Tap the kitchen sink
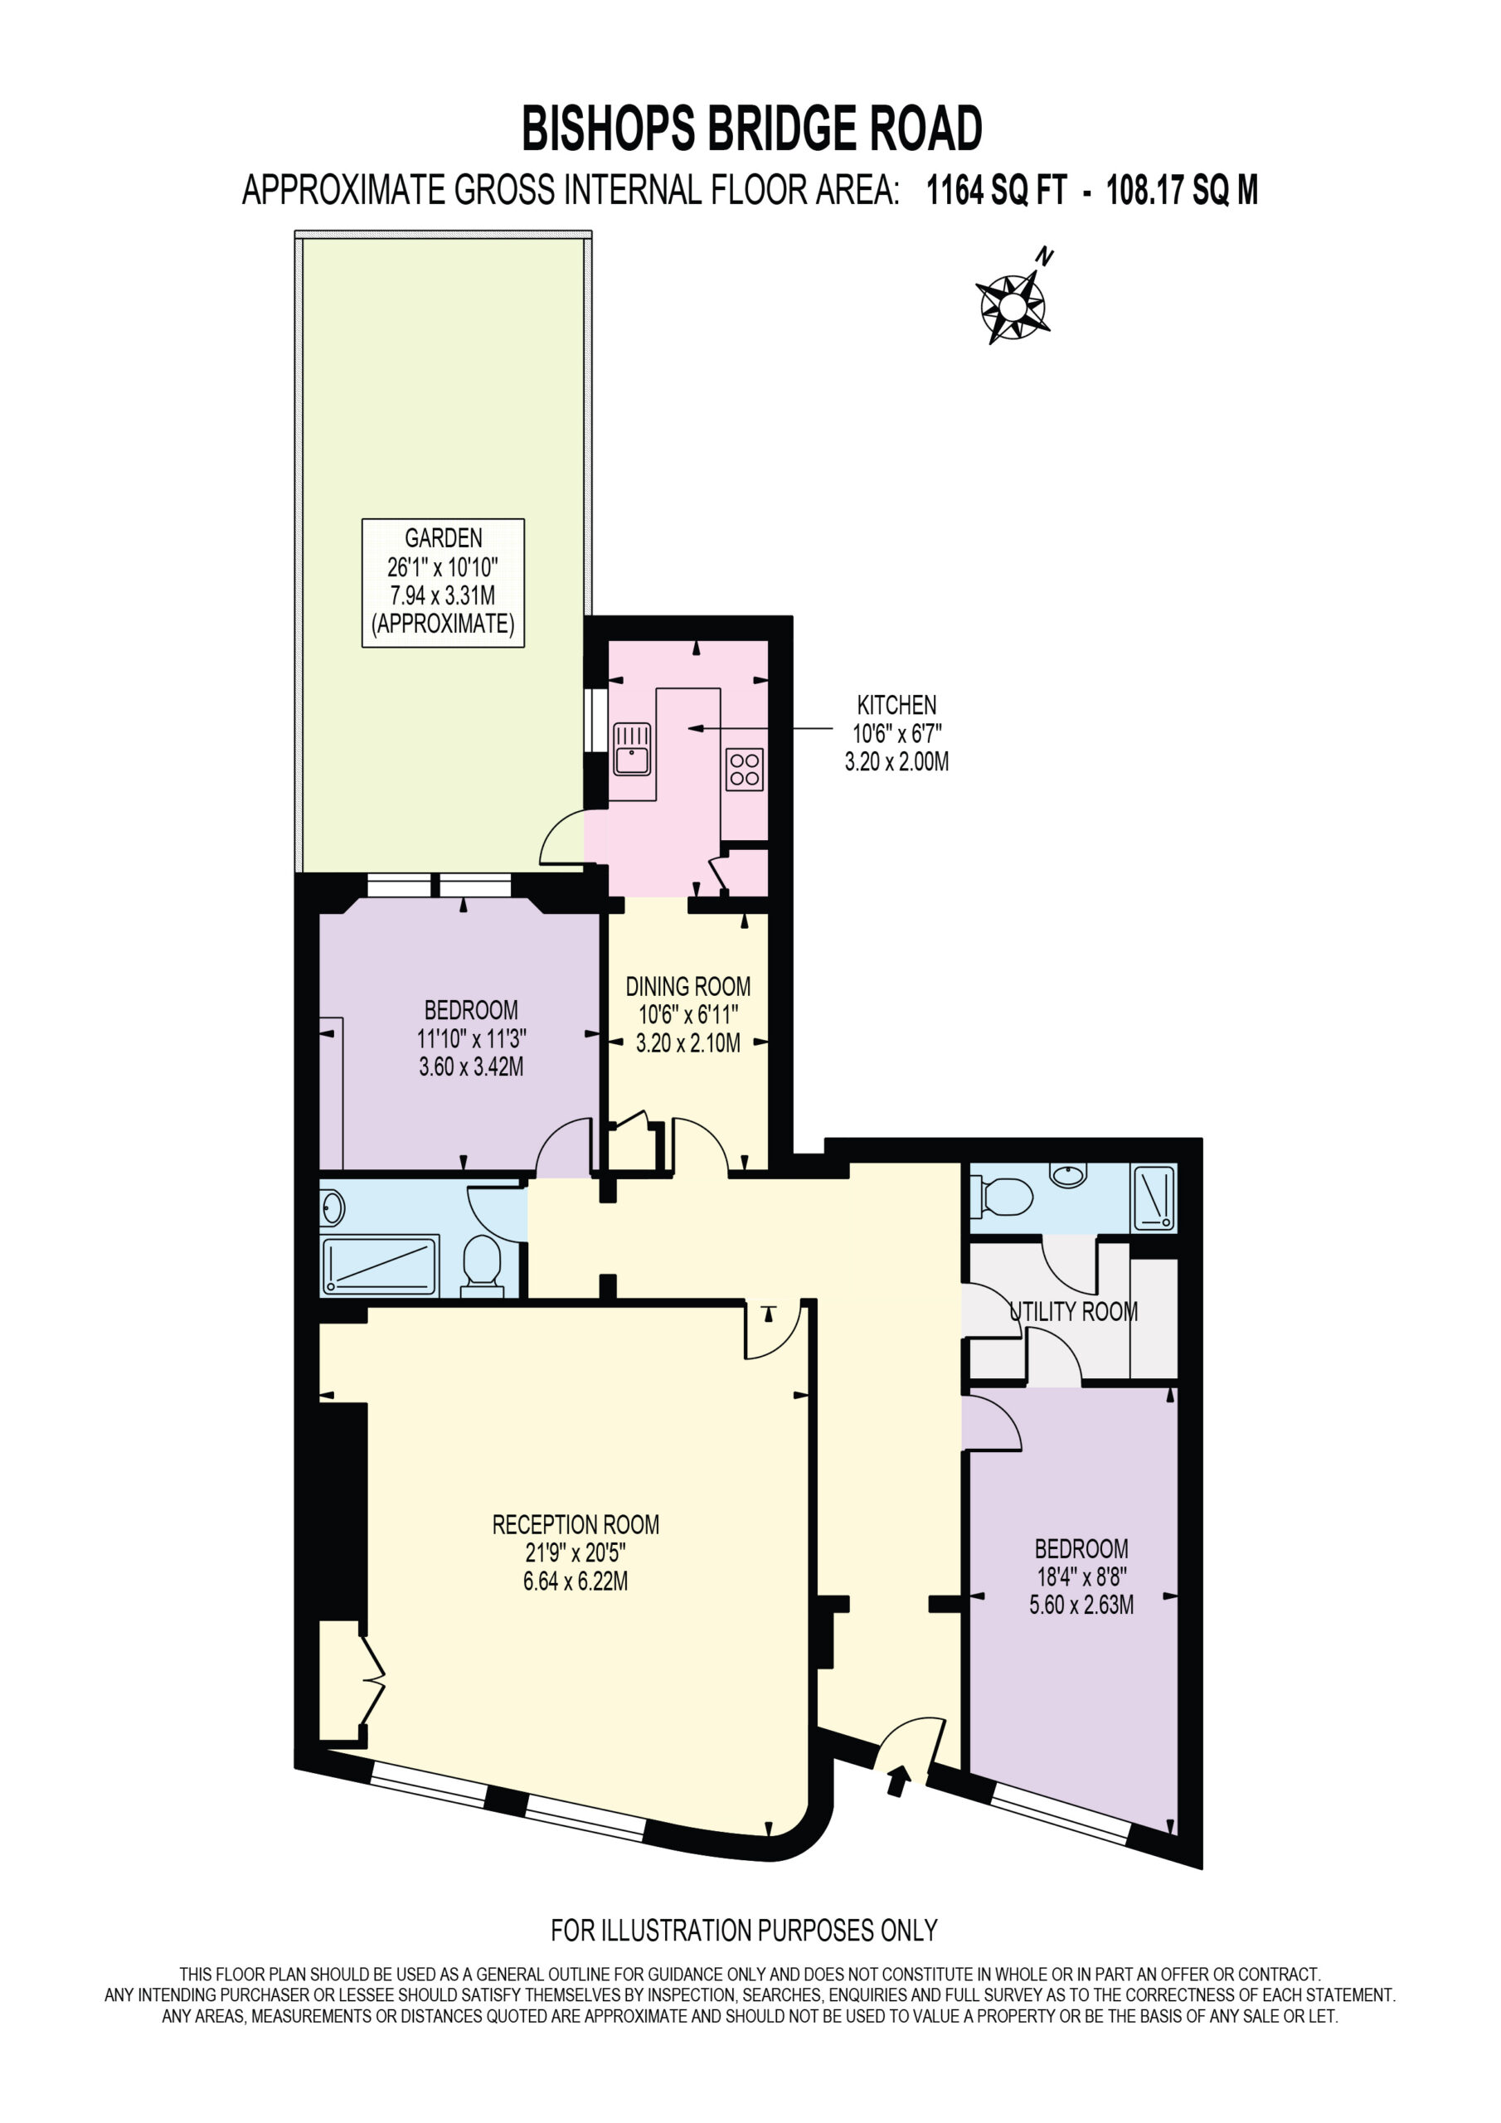point(633,749)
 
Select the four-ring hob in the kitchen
point(745,769)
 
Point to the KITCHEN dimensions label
point(896,733)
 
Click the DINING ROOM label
point(688,1015)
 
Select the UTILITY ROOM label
point(1073,1311)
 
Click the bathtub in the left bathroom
point(379,1266)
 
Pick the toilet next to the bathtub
point(482,1266)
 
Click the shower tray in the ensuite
point(1154,1199)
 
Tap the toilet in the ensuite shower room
point(1002,1198)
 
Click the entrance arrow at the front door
point(896,1780)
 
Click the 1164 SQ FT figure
point(997,191)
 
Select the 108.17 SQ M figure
point(1182,191)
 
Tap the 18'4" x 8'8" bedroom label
point(1081,1576)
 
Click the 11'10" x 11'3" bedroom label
point(471,1038)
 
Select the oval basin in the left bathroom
point(332,1207)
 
